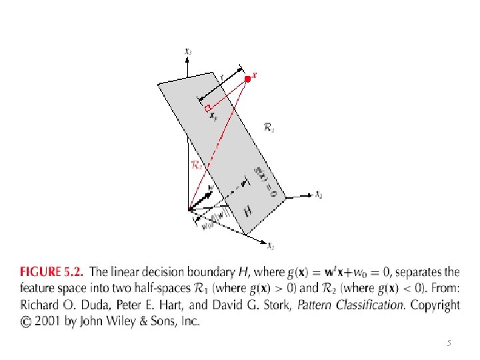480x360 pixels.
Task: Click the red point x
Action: [x=248, y=79]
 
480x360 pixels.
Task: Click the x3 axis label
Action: [x=189, y=51]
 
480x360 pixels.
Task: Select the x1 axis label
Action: [x=271, y=247]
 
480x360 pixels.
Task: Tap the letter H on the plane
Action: [x=248, y=212]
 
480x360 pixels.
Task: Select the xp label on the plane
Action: [x=213, y=116]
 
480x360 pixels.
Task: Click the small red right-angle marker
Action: [x=208, y=107]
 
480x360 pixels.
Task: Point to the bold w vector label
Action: [x=211, y=189]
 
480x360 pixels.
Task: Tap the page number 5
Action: [x=449, y=343]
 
